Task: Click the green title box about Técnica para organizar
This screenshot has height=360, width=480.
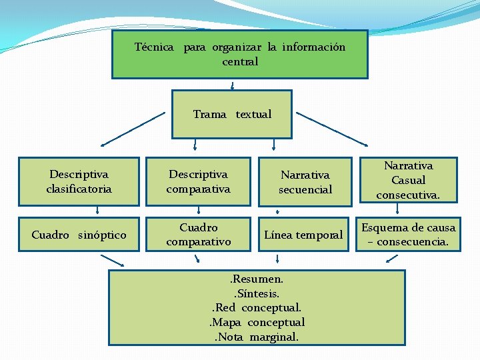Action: (x=239, y=54)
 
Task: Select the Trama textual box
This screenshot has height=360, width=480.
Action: (x=232, y=114)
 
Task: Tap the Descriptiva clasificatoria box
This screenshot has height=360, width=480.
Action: (x=79, y=181)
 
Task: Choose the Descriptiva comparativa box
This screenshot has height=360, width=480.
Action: (x=198, y=181)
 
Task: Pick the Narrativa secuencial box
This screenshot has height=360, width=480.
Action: (x=305, y=182)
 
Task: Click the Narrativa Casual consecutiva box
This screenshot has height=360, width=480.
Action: (x=408, y=180)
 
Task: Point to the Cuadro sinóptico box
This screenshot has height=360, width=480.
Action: (x=79, y=235)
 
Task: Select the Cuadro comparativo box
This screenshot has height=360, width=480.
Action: (x=198, y=235)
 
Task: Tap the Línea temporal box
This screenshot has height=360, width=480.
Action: (x=304, y=235)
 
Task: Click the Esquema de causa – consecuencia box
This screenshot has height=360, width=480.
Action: (x=408, y=235)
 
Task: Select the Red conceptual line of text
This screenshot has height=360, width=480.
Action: (x=257, y=308)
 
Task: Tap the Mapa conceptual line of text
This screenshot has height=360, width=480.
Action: (x=257, y=323)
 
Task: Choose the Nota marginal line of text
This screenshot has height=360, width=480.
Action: (x=257, y=337)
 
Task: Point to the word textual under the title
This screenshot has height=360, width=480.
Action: (x=253, y=114)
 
